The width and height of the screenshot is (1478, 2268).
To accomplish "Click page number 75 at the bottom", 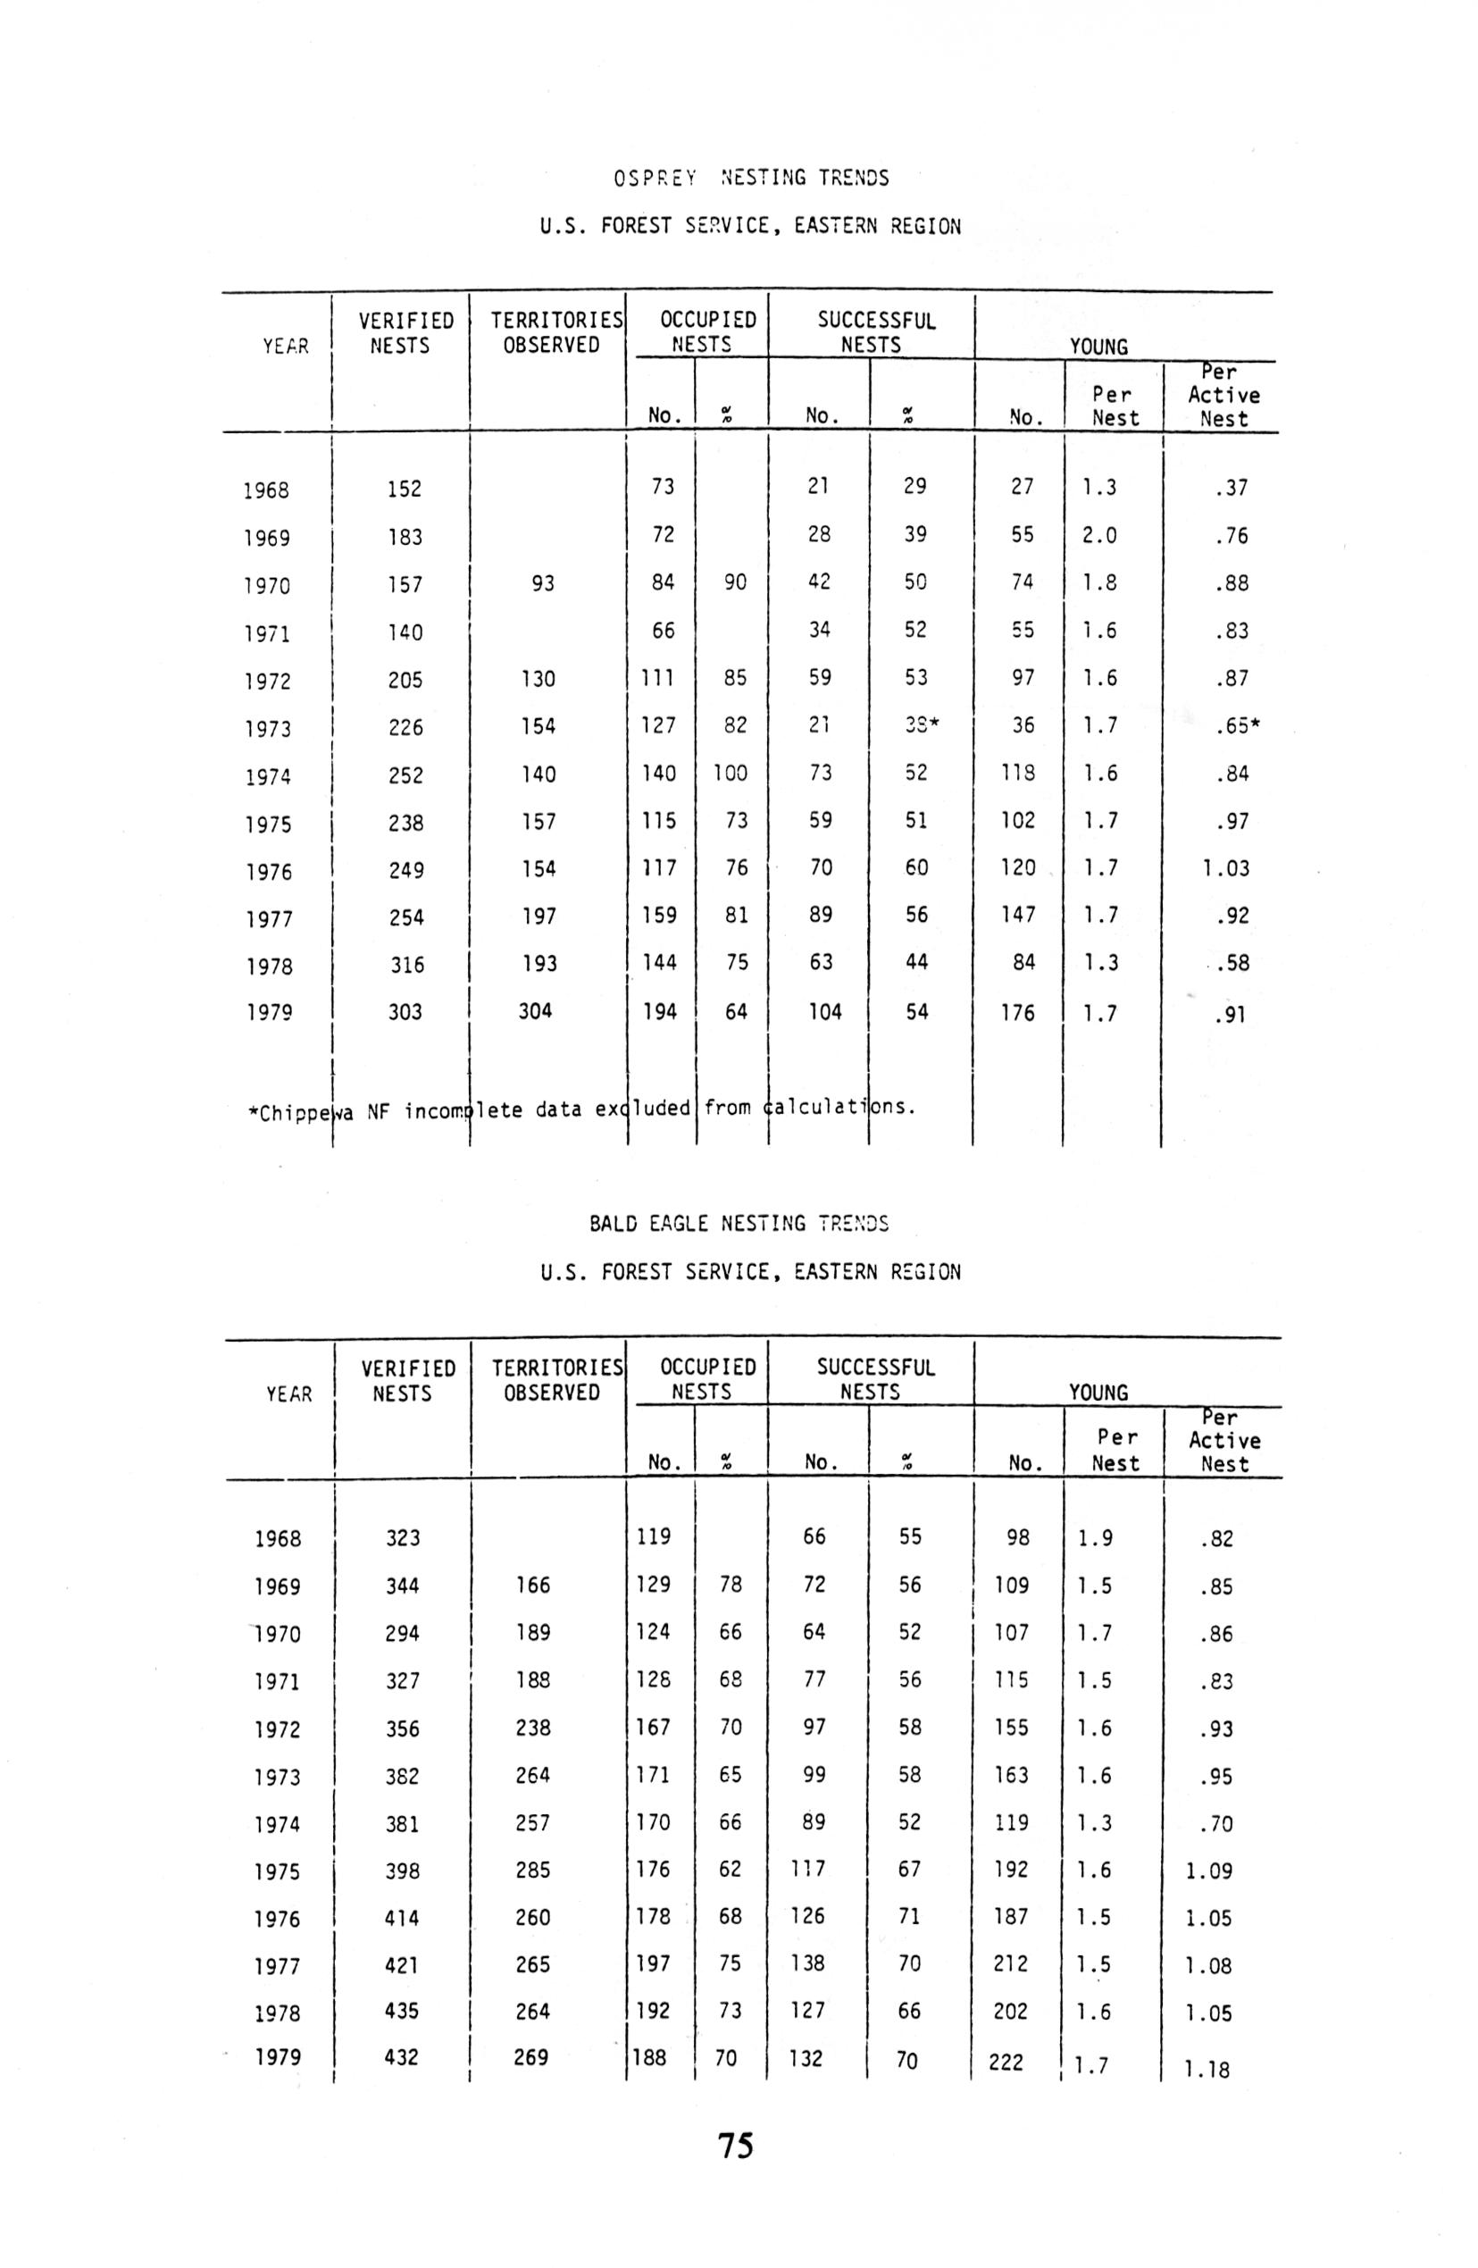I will coord(735,2145).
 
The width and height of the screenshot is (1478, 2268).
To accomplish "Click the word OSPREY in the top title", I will coord(655,178).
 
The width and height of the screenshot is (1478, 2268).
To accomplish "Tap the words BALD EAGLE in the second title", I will coord(647,1223).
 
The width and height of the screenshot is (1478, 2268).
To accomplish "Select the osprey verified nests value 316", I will coord(406,965).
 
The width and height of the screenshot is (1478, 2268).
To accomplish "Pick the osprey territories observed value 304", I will coord(535,1010).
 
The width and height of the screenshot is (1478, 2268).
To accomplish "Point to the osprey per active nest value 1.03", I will coord(1225,868).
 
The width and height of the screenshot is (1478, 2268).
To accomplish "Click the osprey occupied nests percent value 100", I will coord(730,773).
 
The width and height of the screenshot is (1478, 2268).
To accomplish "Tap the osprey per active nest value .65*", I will coord(1237,726).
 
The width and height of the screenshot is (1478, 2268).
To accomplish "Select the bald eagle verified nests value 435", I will coord(401,2011).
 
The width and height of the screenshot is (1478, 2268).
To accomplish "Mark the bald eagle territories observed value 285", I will coord(532,1869).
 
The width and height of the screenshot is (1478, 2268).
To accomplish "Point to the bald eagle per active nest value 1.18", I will coord(1207,2069).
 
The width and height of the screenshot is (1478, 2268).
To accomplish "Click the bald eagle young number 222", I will coord(1006,2062).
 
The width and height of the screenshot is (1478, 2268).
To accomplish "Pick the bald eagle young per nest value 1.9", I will coord(1095,1538).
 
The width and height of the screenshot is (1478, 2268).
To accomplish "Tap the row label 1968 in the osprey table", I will coord(266,490).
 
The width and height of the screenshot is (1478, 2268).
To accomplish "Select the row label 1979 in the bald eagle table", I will coord(278,2057).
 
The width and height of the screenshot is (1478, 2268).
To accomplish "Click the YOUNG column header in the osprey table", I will coord(1098,346).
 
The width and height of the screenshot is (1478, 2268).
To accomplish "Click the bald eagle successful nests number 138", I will coord(807,1963).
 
